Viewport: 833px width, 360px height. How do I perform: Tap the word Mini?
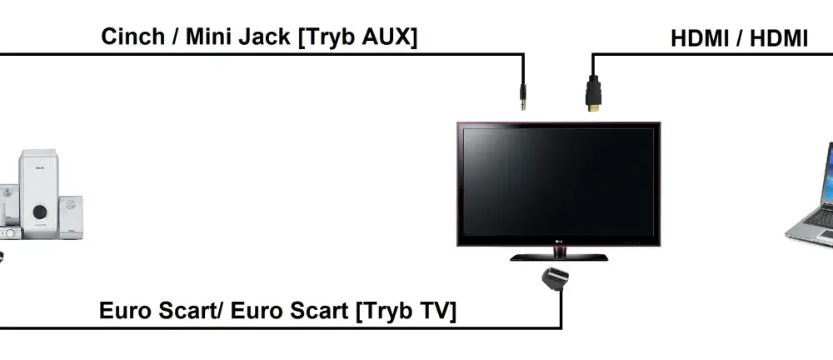(207, 37)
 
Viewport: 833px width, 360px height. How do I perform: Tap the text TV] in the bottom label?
(439, 311)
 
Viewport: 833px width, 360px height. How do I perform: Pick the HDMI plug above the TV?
(593, 93)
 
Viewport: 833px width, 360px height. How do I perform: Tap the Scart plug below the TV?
(555, 279)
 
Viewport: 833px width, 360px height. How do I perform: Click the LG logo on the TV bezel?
(558, 243)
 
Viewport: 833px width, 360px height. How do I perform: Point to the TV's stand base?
(559, 257)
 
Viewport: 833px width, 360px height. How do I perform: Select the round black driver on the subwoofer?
(40, 212)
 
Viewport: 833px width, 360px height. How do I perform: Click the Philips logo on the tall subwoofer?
(40, 168)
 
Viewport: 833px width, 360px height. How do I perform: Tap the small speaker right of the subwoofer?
(71, 217)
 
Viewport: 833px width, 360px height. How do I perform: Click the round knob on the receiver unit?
(10, 232)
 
